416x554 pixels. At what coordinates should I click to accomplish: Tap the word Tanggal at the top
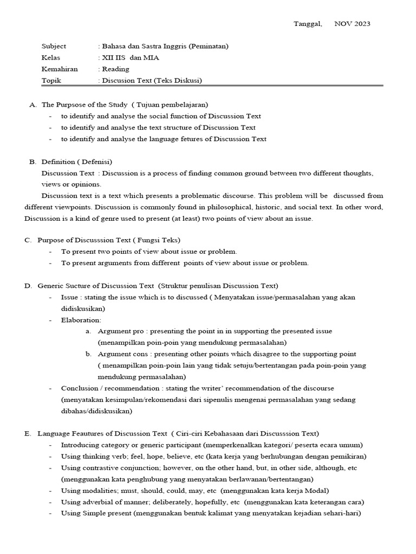pos(307,24)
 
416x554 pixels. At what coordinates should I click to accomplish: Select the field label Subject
pos(54,47)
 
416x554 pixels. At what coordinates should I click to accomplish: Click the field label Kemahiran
pos(60,69)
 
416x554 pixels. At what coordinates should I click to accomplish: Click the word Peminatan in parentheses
pos(209,47)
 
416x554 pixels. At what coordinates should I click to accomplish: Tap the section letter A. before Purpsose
pos(32,104)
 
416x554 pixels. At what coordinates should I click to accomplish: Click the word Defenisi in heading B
pos(95,162)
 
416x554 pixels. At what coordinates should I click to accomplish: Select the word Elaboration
pos(81,320)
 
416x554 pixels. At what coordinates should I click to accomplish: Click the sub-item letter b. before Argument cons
pos(88,354)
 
